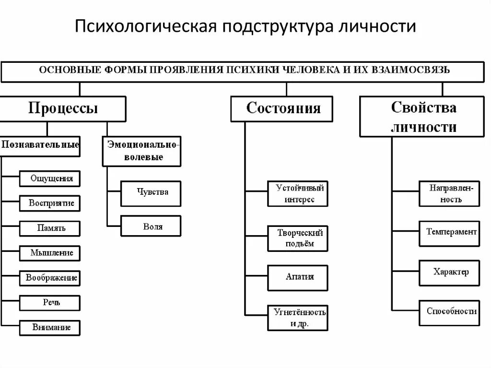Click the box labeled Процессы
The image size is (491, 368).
pos(63,108)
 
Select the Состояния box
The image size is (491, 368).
pos(283,108)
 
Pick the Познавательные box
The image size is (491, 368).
pos(40,145)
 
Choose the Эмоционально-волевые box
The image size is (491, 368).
pos(142,151)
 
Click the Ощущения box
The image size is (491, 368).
pos(50,178)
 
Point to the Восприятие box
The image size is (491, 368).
pos(50,203)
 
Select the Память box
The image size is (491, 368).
pos(50,228)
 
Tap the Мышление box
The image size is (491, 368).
pos(50,253)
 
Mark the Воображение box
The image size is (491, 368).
pos(50,278)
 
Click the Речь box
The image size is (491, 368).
pos(50,303)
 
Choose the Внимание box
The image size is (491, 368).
pos(50,328)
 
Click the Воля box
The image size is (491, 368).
pos(151,226)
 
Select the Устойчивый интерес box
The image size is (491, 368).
pos(298,193)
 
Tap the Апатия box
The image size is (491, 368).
pos(298,277)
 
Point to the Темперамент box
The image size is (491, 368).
pos(449,232)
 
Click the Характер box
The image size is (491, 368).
pos(449,272)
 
